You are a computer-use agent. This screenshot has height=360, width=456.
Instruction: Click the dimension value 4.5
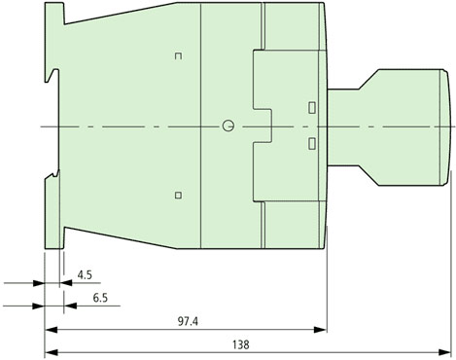tap(85, 275)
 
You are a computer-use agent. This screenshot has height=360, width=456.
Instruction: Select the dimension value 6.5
tap(100, 298)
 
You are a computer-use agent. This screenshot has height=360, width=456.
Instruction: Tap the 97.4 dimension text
tap(188, 321)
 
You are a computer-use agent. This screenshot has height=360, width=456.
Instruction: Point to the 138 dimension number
tap(241, 344)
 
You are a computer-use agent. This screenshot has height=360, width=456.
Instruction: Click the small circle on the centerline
tap(228, 126)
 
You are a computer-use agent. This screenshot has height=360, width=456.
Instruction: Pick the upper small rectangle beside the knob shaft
tap(312, 108)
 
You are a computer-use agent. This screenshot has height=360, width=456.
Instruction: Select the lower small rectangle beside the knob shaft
tap(312, 143)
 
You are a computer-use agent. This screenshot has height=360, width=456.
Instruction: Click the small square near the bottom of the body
tap(178, 195)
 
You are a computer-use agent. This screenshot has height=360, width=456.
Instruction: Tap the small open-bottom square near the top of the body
tap(178, 56)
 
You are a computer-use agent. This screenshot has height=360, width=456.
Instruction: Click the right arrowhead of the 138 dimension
tap(444, 352)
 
